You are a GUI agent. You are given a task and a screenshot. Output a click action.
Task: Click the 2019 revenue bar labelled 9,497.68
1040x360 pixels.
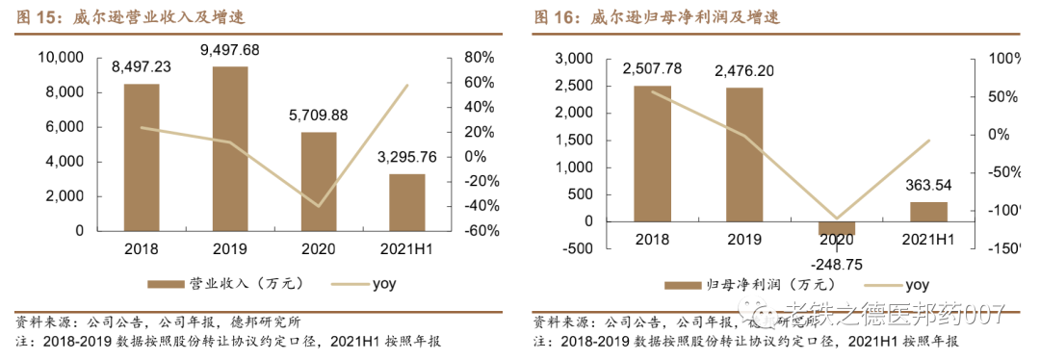[230, 148]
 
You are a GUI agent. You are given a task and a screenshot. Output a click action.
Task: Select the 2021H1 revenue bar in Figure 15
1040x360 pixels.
[407, 202]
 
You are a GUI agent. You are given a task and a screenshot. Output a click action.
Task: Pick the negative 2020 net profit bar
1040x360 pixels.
[836, 228]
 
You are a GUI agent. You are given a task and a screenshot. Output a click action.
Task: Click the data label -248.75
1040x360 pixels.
[836, 263]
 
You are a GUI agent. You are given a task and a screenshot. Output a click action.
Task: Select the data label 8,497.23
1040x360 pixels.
[142, 66]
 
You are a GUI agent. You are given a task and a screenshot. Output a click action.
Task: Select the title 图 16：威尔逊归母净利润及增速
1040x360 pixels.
[656, 16]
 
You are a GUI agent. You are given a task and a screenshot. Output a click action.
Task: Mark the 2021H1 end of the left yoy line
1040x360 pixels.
[407, 86]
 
